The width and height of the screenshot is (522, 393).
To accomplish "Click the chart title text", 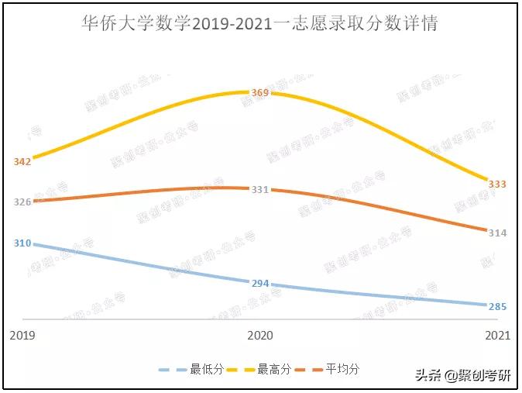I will click(260, 24).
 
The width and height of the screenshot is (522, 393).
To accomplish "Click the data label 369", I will click(260, 93).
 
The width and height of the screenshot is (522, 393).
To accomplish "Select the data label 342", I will click(22, 161).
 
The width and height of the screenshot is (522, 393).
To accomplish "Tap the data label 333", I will click(497, 184).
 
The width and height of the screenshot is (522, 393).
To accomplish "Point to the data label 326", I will click(22, 202).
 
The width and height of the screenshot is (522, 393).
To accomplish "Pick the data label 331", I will click(260, 189).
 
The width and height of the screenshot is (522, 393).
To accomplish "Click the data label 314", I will click(497, 233).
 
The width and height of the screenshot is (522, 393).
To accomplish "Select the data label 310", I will click(22, 243).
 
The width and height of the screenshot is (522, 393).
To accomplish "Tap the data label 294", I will click(260, 283).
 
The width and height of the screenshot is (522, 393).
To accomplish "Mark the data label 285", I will click(497, 306).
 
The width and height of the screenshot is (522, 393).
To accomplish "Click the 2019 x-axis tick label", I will click(22, 336).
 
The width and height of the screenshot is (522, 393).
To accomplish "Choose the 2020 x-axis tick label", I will click(260, 336).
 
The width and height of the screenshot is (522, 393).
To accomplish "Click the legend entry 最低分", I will click(208, 370).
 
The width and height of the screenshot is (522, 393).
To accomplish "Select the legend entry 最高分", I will click(275, 370).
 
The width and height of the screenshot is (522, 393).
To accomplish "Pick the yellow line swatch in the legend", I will click(241, 370).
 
